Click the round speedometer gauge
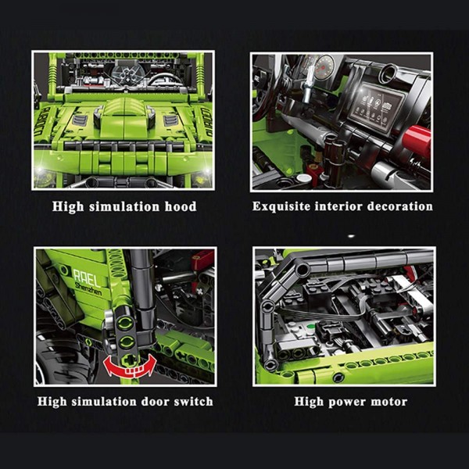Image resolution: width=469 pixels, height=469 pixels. coord(324,66)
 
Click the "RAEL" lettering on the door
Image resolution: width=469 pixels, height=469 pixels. coord(87,277)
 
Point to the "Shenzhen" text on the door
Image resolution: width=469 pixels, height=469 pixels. coord(88,289)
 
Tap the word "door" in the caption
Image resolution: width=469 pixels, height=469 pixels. coord(156,402)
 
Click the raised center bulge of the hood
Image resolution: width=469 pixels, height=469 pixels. coord(124,118)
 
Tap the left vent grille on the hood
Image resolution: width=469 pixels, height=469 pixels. coord(80,120)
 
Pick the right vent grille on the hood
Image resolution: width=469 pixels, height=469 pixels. coord(171,120)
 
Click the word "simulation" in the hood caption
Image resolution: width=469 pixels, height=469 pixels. coord(124,206)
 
